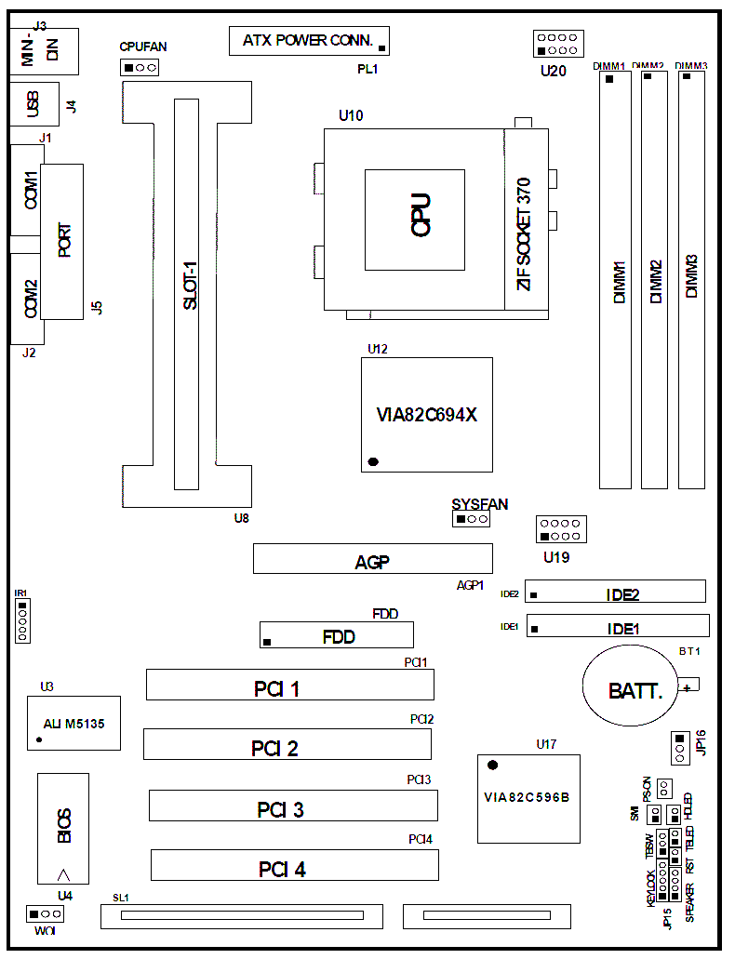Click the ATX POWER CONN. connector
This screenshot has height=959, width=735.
(x=310, y=40)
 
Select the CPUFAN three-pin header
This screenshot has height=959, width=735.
(x=140, y=67)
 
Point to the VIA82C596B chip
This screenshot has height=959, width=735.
(x=527, y=798)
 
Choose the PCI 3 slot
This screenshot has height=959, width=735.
(x=292, y=806)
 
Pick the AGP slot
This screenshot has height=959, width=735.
(x=372, y=560)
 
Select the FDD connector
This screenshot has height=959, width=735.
(x=336, y=636)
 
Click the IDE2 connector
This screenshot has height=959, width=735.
(x=616, y=592)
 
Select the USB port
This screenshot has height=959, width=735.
(x=34, y=104)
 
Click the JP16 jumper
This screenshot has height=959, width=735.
(x=680, y=747)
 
